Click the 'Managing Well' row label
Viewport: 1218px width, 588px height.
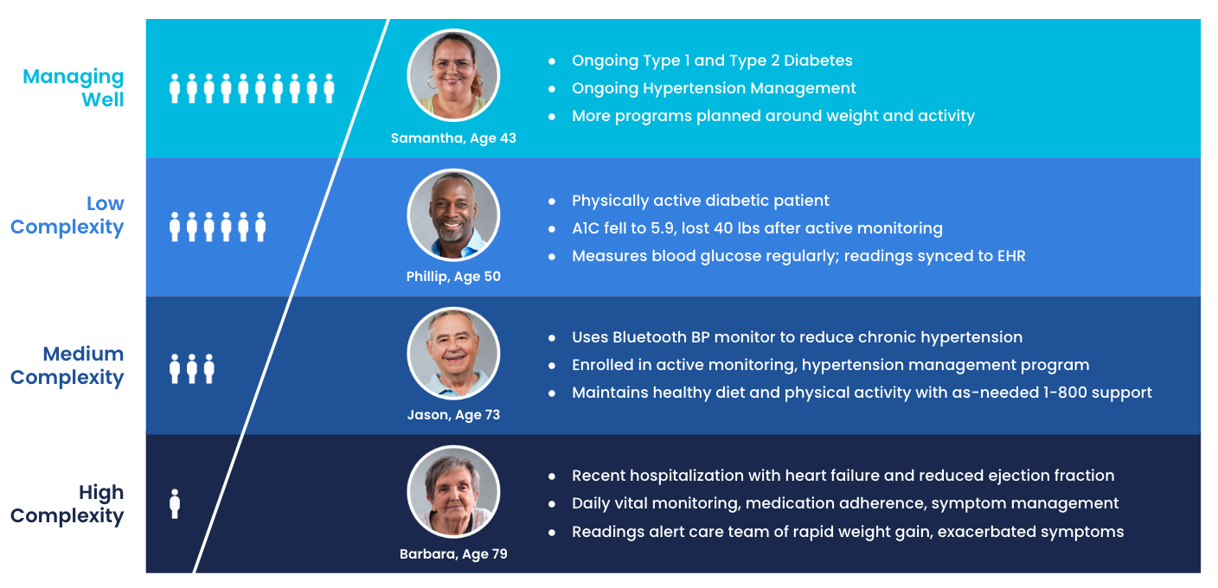(x=74, y=88)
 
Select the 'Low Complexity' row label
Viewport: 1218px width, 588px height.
(x=67, y=215)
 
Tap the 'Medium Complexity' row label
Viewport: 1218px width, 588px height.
(x=67, y=366)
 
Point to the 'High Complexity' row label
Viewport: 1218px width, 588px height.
(x=67, y=504)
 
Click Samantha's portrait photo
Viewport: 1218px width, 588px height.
(x=453, y=75)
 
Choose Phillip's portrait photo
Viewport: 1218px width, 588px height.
(x=453, y=214)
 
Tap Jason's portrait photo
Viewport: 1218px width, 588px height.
(x=453, y=354)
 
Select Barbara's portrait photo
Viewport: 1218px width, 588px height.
(x=453, y=492)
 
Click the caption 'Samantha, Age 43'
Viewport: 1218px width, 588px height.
(x=453, y=138)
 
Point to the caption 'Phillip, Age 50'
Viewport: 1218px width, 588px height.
(x=453, y=277)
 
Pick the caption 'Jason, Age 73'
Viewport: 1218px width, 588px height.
(x=453, y=415)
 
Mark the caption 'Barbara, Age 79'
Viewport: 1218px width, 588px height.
(x=453, y=553)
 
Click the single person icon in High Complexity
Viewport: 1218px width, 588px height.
(x=175, y=504)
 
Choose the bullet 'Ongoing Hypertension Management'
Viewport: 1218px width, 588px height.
(x=714, y=88)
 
